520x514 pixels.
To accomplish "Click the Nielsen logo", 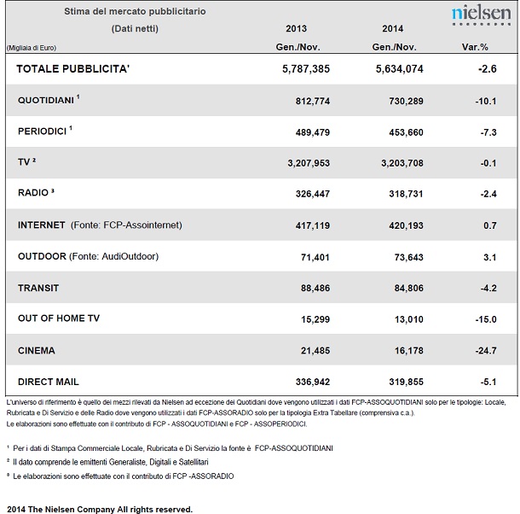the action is point(481,15).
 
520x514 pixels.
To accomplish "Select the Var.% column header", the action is point(475,47).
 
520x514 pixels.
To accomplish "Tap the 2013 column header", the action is point(296,28).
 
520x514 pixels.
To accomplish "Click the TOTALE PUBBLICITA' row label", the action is point(73,69).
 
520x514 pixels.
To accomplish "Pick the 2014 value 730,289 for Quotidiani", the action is point(406,101).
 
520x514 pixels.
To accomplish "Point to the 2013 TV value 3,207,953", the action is point(309,163).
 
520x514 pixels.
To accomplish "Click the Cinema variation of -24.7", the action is point(486,351).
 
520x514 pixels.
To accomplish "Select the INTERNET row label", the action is point(42,225).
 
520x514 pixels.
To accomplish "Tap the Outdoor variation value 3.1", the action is point(490,257).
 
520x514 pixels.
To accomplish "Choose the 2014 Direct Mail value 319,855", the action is point(406,383).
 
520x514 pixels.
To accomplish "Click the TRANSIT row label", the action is point(38,288).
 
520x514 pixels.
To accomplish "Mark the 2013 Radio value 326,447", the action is point(313,194).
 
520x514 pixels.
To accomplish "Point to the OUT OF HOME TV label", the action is point(59,318).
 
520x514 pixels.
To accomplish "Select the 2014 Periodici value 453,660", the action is point(406,132).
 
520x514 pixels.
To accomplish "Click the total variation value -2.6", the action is point(487,69).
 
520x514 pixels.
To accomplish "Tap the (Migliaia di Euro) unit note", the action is point(32,48).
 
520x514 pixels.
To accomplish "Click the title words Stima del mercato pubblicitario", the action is point(135,11).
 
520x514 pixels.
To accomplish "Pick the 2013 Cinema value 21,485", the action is point(315,351).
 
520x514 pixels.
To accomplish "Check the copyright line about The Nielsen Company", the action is point(100,509).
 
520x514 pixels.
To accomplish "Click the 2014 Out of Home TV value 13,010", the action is point(408,319).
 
